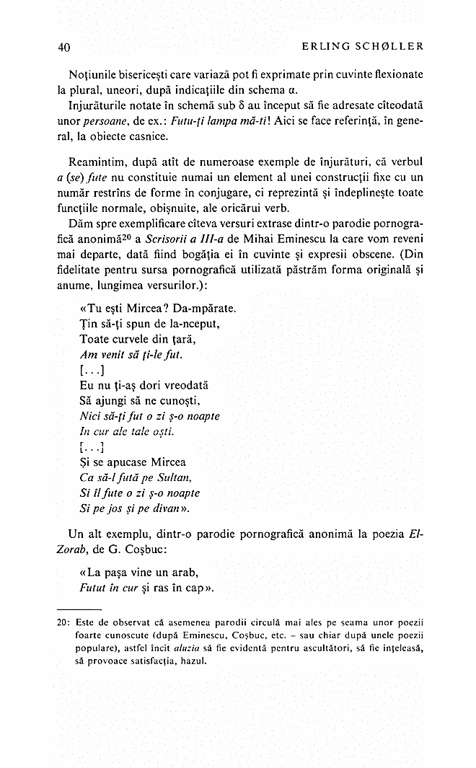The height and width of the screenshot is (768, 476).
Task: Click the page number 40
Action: pyautogui.click(x=63, y=47)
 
